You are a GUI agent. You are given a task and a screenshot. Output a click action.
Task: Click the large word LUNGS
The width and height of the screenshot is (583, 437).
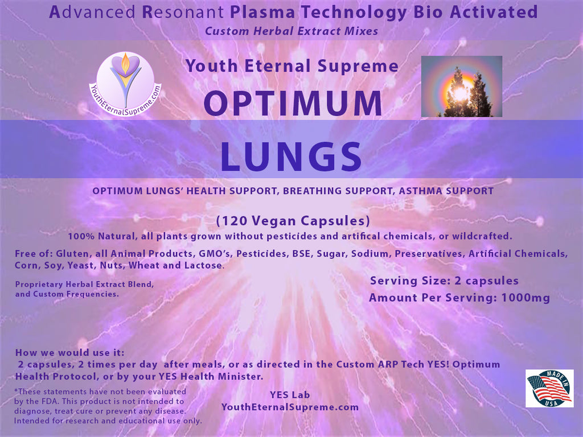[291, 156]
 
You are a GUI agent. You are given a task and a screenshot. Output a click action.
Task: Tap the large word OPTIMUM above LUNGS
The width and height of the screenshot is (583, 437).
[293, 104]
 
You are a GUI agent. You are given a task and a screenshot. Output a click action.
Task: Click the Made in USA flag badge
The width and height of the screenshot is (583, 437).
[549, 388]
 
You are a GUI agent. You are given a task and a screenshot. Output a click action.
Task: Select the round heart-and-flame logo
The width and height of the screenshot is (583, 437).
[125, 84]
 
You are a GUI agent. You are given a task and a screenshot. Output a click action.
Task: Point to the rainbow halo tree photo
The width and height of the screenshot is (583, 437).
[461, 86]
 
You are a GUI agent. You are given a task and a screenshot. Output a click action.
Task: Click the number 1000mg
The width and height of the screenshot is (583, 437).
[525, 298]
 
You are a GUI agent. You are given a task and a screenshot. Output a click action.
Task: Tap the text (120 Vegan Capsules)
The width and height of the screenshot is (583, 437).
[293, 221]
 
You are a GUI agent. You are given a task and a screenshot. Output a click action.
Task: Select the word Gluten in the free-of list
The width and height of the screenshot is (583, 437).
[72, 254]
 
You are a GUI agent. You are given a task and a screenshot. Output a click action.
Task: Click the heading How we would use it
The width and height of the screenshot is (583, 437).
[70, 352]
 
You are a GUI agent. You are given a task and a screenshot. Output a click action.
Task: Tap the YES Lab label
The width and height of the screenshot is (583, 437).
[290, 395]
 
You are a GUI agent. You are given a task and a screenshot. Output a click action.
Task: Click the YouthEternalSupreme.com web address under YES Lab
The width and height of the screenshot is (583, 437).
[290, 407]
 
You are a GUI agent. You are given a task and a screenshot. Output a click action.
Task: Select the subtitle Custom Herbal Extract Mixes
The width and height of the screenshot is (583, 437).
[291, 31]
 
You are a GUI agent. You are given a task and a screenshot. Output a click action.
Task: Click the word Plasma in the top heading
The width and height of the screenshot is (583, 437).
[262, 13]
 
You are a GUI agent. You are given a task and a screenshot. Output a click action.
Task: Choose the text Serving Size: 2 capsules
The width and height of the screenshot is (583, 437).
[444, 281]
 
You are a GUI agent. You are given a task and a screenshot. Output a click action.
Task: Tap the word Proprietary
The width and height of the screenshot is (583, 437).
[39, 285]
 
